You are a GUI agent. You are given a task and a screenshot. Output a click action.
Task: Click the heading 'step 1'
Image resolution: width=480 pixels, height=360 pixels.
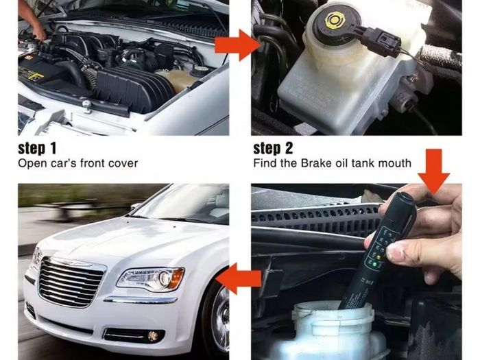pyautogui.click(x=37, y=149)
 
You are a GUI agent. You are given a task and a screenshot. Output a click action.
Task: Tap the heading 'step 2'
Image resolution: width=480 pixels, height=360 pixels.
pyautogui.click(x=273, y=149)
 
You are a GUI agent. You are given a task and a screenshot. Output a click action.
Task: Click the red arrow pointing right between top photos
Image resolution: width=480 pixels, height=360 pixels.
pyautogui.click(x=237, y=45)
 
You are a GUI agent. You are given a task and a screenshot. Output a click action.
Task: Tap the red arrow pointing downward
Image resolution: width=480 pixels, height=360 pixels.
pyautogui.click(x=433, y=171)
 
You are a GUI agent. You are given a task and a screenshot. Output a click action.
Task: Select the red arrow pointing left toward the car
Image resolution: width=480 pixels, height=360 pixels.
pyautogui.click(x=238, y=278)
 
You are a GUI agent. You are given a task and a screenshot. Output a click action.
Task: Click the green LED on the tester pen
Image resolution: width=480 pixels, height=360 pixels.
pyautogui.click(x=374, y=263)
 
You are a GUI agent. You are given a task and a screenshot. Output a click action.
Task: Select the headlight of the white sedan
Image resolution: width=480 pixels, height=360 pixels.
pyautogui.click(x=151, y=278)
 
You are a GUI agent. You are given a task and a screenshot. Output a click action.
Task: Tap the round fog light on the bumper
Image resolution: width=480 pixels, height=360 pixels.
pyautogui.click(x=152, y=336)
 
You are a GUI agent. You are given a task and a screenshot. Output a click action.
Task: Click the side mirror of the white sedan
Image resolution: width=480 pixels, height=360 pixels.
pyautogui.click(x=134, y=206)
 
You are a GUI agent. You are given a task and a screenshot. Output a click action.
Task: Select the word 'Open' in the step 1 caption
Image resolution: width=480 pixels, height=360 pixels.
pyautogui.click(x=29, y=163)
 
